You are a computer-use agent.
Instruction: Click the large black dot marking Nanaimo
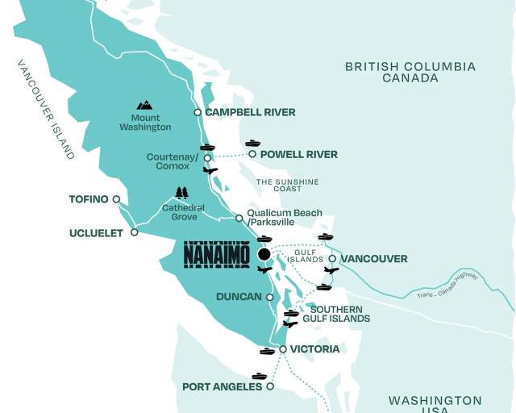click(x=264, y=254)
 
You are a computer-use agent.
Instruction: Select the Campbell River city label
click(x=250, y=112)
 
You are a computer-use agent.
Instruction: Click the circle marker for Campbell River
click(x=198, y=112)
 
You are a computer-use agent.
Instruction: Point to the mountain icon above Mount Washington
click(x=144, y=105)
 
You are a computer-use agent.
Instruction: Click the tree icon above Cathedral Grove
click(x=182, y=193)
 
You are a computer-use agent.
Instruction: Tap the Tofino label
click(x=89, y=198)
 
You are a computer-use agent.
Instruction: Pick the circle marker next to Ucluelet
click(x=135, y=232)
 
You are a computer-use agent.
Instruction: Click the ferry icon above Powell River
click(x=253, y=143)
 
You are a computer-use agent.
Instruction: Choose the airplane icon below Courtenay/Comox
click(x=210, y=170)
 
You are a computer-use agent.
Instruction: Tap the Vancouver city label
click(x=374, y=259)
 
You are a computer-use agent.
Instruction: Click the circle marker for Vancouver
click(x=332, y=259)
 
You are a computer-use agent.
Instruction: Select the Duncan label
click(x=239, y=297)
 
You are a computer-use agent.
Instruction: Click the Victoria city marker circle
click(x=282, y=349)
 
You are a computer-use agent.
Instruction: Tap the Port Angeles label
click(x=223, y=386)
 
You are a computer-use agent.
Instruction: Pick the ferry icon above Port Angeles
click(x=259, y=376)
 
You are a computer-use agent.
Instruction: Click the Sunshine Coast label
click(x=288, y=186)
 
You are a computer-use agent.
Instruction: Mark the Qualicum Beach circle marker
click(x=239, y=218)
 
